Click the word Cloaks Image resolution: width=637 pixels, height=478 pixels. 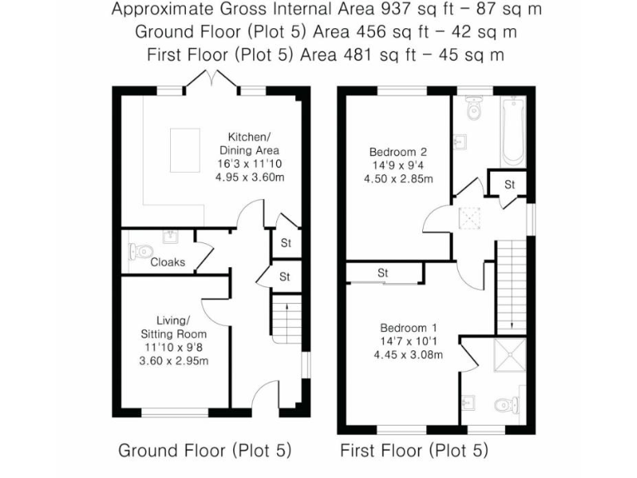click(x=168, y=262)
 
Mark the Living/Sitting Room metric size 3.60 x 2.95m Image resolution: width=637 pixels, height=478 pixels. click(x=175, y=360)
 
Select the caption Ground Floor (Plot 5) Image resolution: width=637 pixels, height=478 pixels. click(x=205, y=451)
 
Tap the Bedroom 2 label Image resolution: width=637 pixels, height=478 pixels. click(x=397, y=152)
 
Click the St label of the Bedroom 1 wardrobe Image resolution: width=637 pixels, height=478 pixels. click(x=383, y=272)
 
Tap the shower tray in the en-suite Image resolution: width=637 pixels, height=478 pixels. click(x=508, y=357)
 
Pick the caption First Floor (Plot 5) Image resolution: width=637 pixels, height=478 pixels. click(x=414, y=451)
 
